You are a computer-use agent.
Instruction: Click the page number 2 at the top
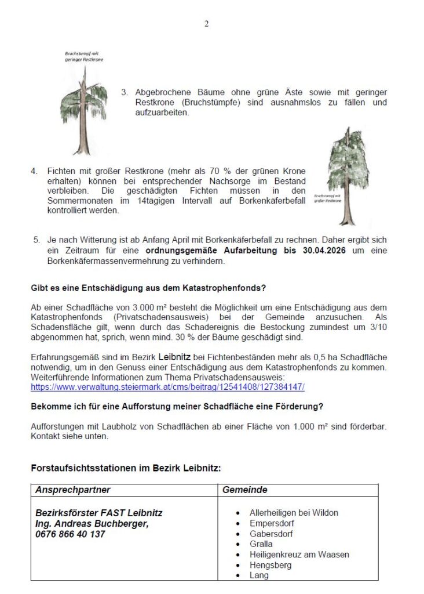click(206, 24)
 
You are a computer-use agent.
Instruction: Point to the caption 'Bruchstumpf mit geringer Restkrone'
click(84, 56)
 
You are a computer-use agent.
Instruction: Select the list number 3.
click(125, 92)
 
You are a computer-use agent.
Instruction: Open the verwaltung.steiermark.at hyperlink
click(167, 386)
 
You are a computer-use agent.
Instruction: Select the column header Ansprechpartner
click(73, 490)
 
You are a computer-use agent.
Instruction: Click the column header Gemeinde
click(245, 490)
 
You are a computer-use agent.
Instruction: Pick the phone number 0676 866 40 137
click(70, 534)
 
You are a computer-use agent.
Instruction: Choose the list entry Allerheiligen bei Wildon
click(294, 513)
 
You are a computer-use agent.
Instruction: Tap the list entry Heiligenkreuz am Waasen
click(299, 555)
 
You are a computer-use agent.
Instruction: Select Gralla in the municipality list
click(261, 544)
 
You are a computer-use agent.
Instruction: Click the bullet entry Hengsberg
click(271, 565)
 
